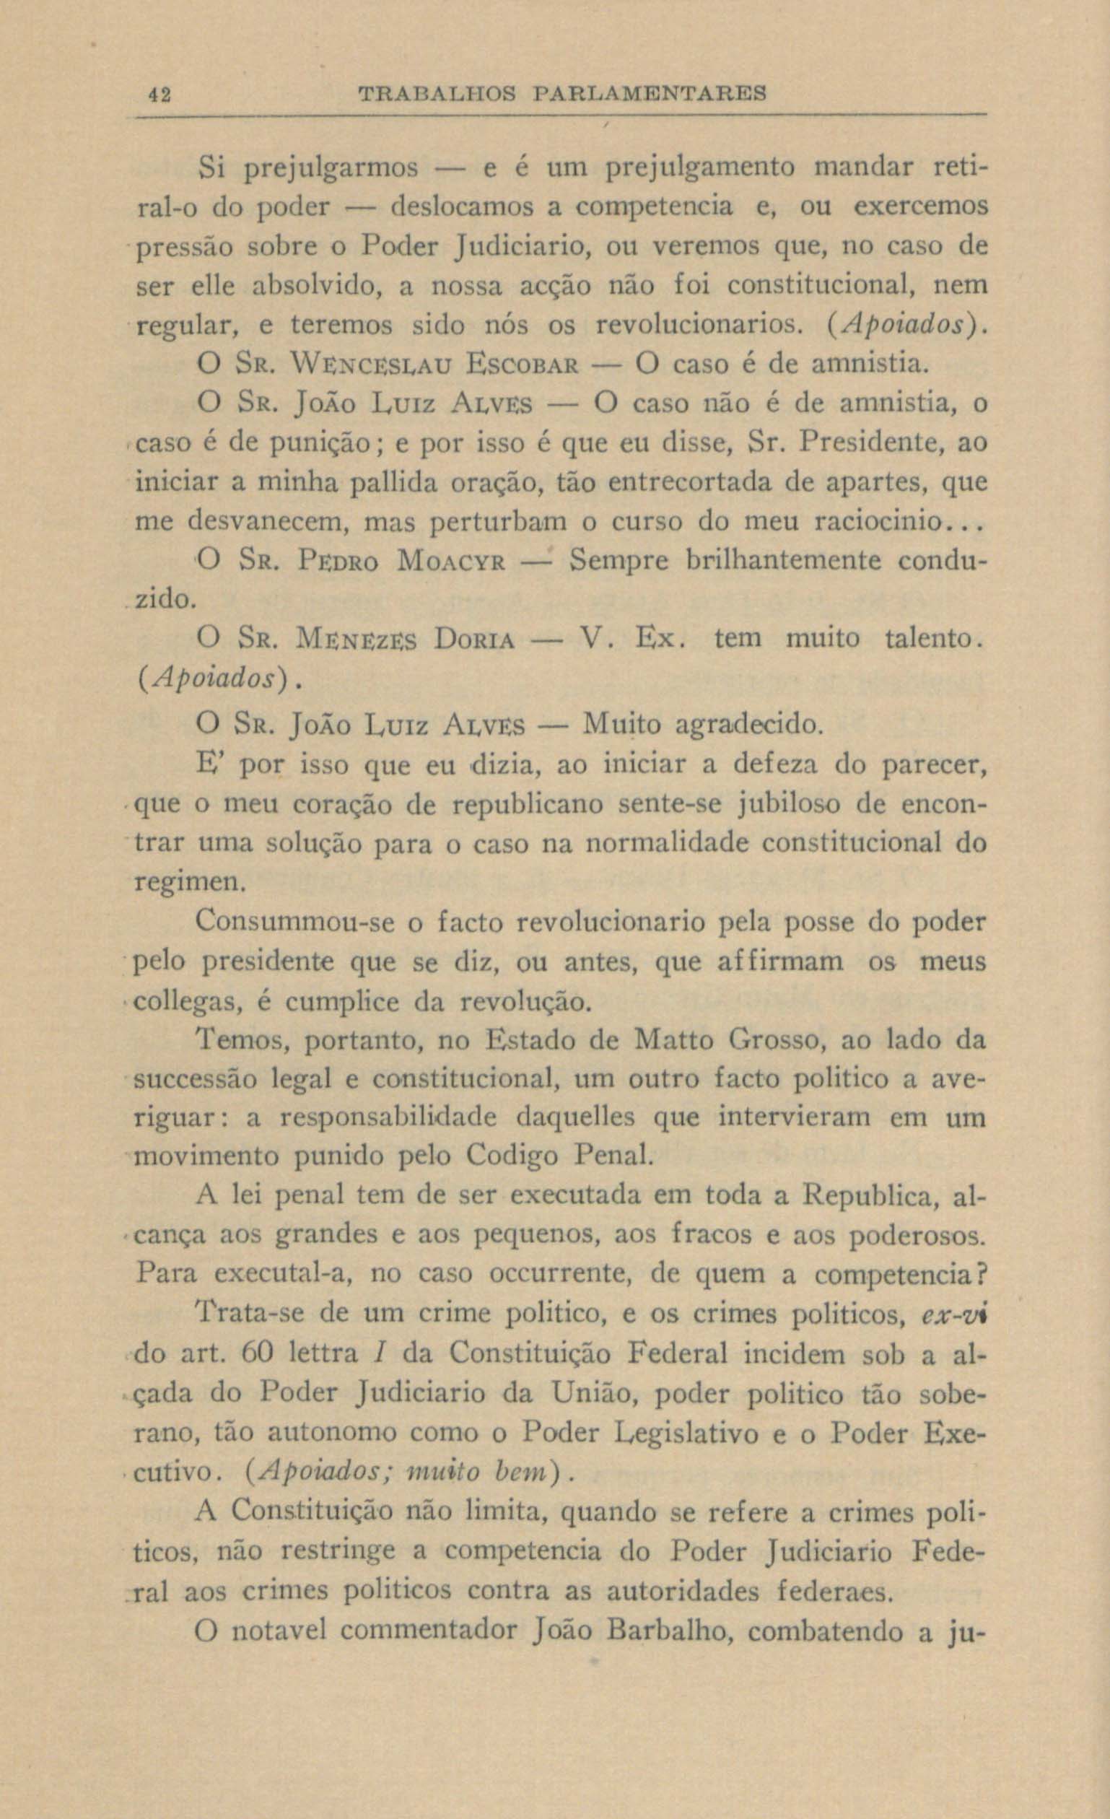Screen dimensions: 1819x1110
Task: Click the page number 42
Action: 159,95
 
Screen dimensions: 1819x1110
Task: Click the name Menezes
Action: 357,639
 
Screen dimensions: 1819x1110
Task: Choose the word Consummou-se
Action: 297,922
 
